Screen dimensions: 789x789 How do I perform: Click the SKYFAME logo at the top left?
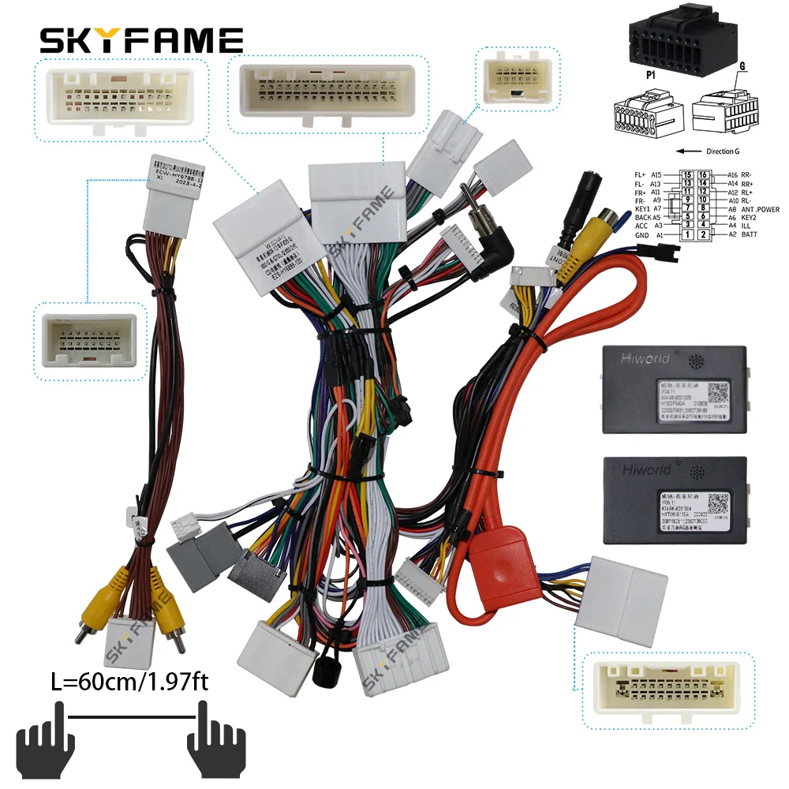tap(141, 40)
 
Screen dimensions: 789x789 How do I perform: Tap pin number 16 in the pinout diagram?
tap(704, 174)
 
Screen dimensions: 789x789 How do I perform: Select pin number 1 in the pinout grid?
tap(688, 235)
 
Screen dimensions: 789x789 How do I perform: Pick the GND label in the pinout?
tap(643, 235)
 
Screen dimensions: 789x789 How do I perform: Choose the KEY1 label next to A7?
tap(643, 209)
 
